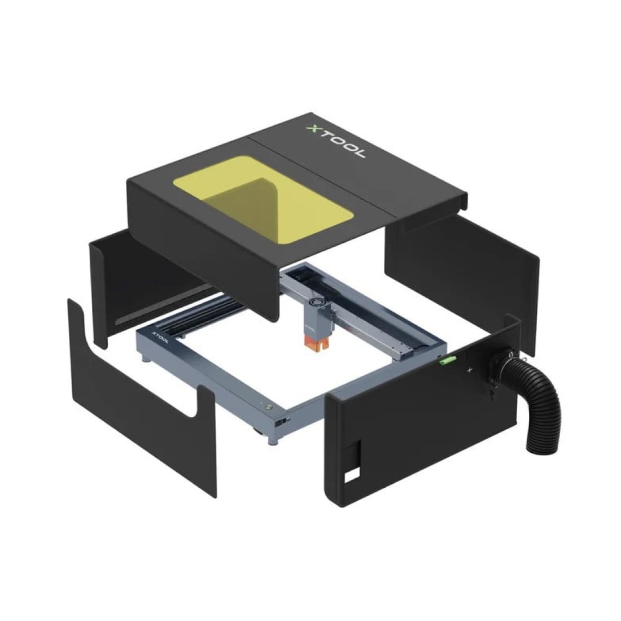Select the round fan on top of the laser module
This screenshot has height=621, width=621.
(320, 303)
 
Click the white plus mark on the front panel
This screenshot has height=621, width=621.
(469, 371)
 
